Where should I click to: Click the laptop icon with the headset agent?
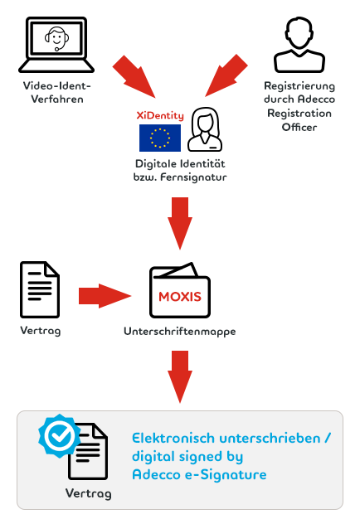point(56,45)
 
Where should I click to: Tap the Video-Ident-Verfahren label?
point(57,92)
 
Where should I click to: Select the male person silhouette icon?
point(299,45)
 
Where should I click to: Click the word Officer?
point(299,127)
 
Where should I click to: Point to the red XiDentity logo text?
point(160,115)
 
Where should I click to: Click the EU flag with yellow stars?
point(160,138)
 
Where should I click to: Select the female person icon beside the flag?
point(205,129)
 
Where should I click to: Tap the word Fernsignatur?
point(193,177)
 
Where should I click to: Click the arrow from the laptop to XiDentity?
point(134,76)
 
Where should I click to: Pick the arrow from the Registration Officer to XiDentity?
point(226,75)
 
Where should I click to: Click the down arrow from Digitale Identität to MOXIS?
point(180,223)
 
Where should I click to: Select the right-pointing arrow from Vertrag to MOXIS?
point(105,296)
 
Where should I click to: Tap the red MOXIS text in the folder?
point(180,297)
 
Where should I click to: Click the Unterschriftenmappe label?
point(180,332)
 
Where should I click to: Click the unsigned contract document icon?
point(40,289)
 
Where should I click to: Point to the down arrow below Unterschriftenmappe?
point(180,376)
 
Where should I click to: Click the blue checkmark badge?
point(60,436)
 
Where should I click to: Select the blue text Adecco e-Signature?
point(199,474)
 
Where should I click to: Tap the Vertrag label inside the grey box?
point(89,493)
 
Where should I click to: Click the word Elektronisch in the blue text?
point(173,438)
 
